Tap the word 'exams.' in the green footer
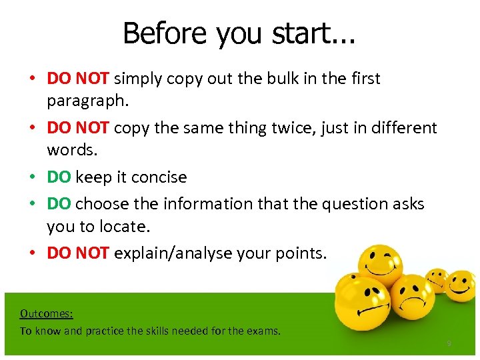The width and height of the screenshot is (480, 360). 265,331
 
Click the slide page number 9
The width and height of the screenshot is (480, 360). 449,344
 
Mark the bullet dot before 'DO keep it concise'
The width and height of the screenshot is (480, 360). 32,177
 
